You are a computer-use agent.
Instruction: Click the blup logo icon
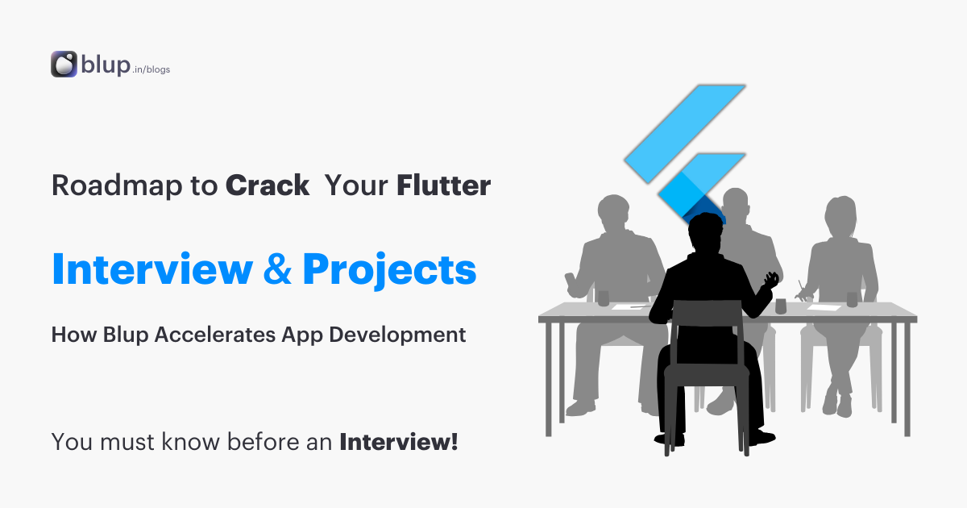[x=64, y=65]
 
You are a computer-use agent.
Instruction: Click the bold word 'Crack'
[x=267, y=186]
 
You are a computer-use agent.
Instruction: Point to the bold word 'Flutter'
[x=443, y=186]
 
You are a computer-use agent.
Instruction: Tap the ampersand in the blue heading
[x=278, y=271]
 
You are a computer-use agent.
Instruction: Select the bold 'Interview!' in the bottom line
[x=399, y=442]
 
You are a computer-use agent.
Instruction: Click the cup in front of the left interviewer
[x=602, y=298]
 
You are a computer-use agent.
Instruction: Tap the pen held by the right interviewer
[x=802, y=289]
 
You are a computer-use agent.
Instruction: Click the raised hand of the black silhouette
[x=771, y=280]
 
